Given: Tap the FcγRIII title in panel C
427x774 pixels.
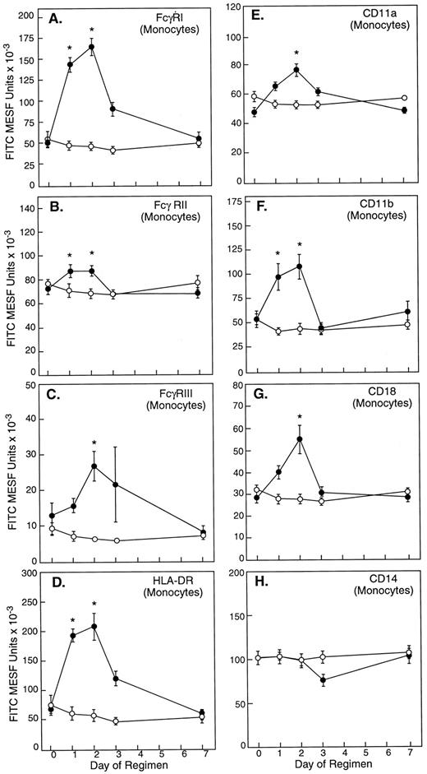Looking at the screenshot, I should point(158,394).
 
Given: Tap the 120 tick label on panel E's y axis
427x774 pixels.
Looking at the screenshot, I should point(241,9).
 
